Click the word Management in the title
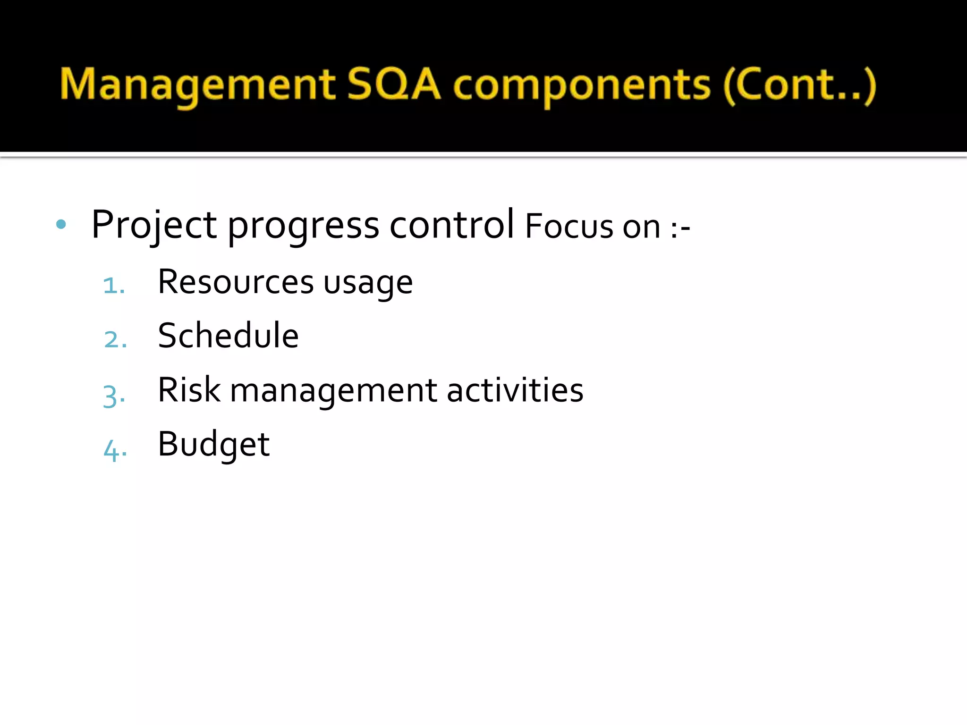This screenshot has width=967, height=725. [197, 85]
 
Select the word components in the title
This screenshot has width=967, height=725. [582, 86]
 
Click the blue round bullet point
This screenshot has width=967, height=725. [61, 224]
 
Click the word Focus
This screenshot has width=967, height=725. [568, 227]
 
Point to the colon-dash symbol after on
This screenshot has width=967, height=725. [680, 228]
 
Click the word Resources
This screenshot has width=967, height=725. [236, 282]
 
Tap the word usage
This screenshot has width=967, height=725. [368, 284]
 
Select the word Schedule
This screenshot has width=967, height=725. [228, 336]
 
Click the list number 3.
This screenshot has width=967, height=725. [114, 396]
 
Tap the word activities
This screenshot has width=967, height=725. [515, 390]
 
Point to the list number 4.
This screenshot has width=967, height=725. [115, 450]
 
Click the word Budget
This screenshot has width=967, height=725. [213, 445]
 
